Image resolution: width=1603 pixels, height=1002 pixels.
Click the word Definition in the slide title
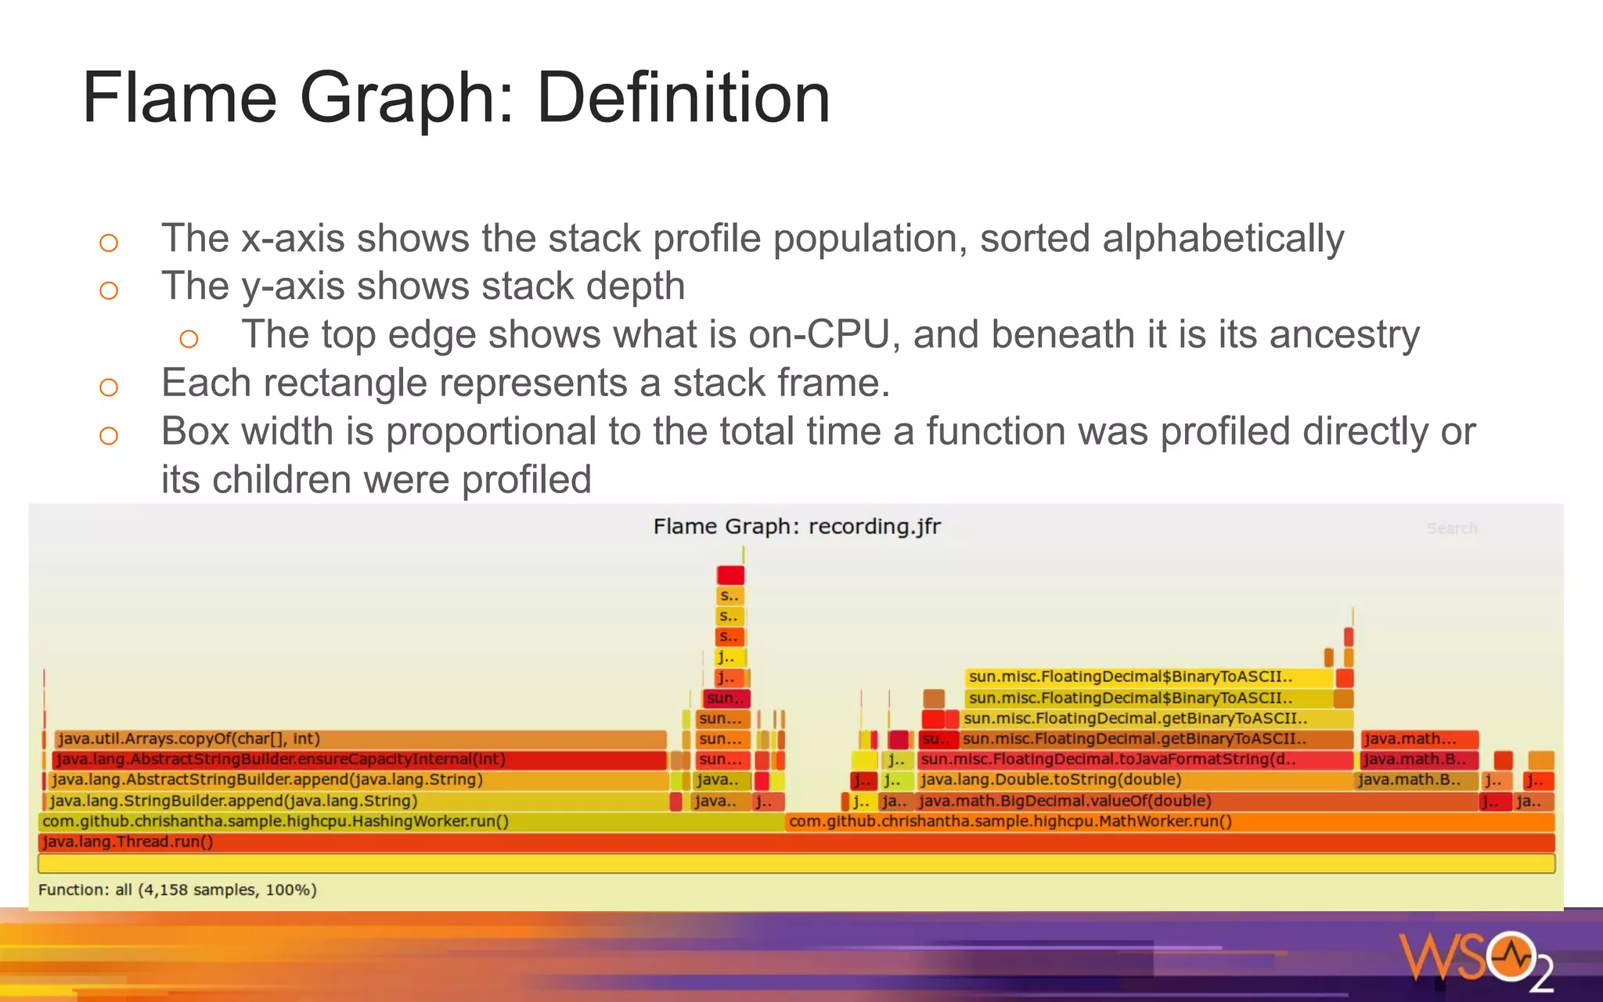(683, 98)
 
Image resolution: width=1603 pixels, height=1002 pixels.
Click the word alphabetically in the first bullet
(1223, 239)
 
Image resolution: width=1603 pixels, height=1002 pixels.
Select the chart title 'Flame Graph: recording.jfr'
(797, 526)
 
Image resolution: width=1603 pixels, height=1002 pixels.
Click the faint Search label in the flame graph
(1451, 528)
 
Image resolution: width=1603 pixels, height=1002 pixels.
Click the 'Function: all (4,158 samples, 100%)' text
(178, 890)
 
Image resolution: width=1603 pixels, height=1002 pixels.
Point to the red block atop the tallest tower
(730, 575)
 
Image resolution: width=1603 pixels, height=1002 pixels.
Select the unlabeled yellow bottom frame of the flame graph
(796, 863)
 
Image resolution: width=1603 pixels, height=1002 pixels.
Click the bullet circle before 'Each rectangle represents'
(109, 387)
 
